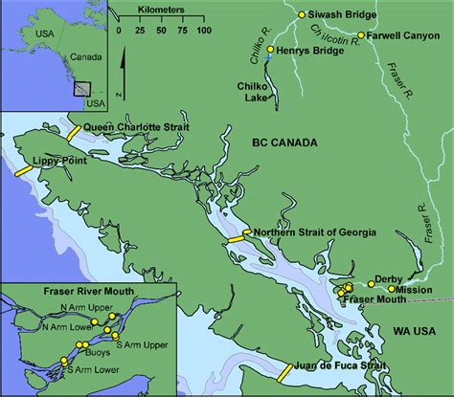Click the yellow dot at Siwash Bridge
[301, 14]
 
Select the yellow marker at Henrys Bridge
[270, 49]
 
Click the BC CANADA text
[285, 143]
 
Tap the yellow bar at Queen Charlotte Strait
[73, 133]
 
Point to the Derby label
[389, 277]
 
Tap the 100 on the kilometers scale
[203, 30]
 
